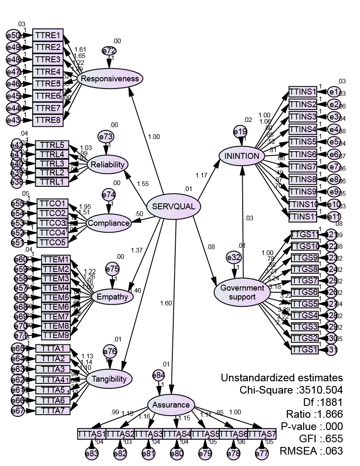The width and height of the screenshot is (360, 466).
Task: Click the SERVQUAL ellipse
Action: [x=173, y=207]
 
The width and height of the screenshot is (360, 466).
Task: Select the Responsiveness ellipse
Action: [x=110, y=78]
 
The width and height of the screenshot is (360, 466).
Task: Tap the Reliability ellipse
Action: [x=107, y=164]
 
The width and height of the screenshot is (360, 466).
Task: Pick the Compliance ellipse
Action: [x=108, y=223]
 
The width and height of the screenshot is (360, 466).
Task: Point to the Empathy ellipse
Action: [x=112, y=297]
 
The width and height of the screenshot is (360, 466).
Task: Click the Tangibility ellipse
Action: [x=110, y=379]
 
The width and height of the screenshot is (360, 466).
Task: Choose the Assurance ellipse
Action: [x=171, y=405]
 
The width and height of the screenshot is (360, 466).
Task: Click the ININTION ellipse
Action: [x=242, y=156]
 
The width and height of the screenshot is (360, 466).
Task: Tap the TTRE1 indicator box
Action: [x=48, y=35]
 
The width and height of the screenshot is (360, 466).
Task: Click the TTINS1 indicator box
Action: [x=302, y=92]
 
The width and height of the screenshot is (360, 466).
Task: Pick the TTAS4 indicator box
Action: [x=177, y=434]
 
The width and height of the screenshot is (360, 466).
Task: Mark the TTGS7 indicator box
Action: [x=304, y=281]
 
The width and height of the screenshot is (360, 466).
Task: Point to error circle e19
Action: [x=240, y=132]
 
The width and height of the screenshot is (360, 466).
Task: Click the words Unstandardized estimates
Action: [x=282, y=377]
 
